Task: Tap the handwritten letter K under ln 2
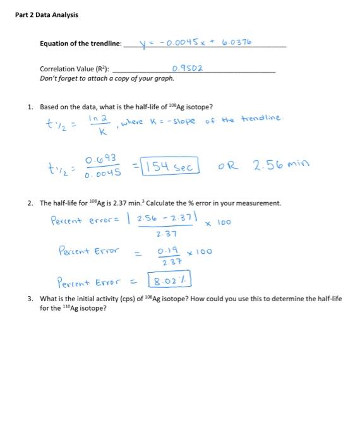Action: (x=95, y=133)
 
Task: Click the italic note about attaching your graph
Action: (x=107, y=78)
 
